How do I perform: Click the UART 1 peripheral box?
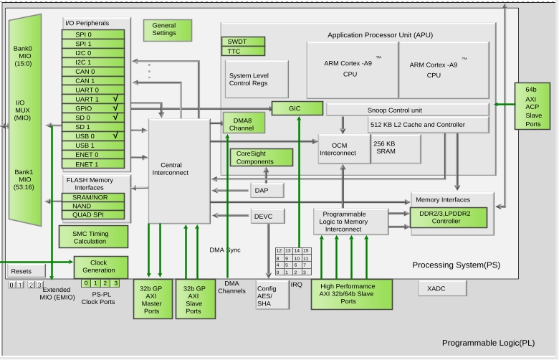tap(93, 99)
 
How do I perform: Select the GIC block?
tap(297, 108)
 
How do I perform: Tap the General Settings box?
tap(168, 30)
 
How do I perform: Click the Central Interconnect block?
tap(179, 171)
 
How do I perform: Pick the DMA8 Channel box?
tap(244, 123)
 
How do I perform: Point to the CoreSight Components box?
tap(262, 157)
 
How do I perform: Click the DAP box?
tap(267, 190)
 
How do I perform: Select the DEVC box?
tap(268, 216)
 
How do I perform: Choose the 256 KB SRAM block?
tap(396, 148)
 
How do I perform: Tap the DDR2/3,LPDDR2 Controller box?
tap(449, 217)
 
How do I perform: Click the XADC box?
tap(442, 288)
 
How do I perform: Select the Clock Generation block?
tap(101, 267)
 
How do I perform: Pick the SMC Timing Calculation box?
tap(93, 237)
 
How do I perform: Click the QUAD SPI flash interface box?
tap(93, 215)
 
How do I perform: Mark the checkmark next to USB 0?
tap(115, 136)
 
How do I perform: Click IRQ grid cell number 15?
tap(306, 251)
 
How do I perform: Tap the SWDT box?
tap(243, 42)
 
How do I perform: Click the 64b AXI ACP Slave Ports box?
tap(532, 106)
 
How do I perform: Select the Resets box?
tap(25, 271)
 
